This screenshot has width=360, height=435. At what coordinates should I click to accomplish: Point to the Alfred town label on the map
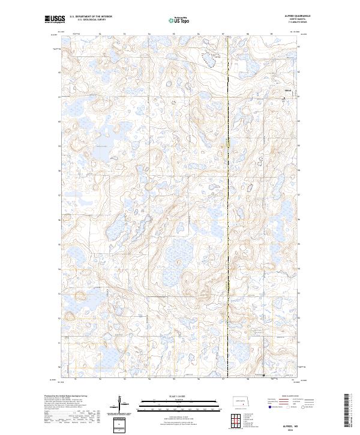coord(287,90)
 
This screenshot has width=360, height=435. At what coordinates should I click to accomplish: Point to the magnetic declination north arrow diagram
coord(119,405)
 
